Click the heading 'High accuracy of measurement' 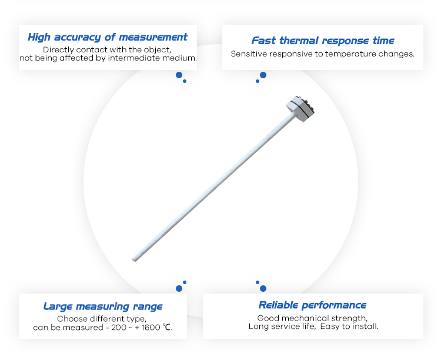(x=108, y=37)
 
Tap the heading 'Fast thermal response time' (x=323, y=41)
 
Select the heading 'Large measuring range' (x=103, y=306)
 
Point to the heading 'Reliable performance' (x=312, y=305)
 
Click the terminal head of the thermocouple (x=300, y=108)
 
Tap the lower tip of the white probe (x=134, y=259)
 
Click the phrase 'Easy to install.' (x=349, y=326)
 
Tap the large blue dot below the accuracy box (x=179, y=75)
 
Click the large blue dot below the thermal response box (x=263, y=75)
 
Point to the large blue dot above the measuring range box (x=179, y=288)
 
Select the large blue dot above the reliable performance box (x=263, y=288)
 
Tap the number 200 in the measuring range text (x=119, y=328)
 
